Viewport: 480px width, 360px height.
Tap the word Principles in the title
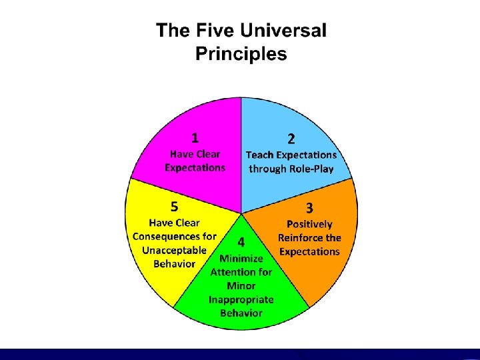[241, 53]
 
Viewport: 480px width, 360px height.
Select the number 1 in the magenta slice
[195, 138]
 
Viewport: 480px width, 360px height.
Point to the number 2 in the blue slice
[291, 139]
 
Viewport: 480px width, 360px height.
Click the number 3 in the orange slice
[309, 209]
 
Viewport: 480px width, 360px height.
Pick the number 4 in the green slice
[239, 242]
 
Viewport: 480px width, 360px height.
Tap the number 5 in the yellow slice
[173, 205]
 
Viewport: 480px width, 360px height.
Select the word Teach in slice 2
[260, 155]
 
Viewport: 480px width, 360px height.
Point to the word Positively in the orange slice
[309, 225]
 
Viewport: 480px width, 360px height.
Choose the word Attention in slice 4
[233, 272]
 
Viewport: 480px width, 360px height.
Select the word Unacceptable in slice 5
[175, 250]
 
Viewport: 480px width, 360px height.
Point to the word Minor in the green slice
[241, 285]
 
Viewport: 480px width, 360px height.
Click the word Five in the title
[209, 31]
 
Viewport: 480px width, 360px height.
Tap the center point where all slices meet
[241, 213]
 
